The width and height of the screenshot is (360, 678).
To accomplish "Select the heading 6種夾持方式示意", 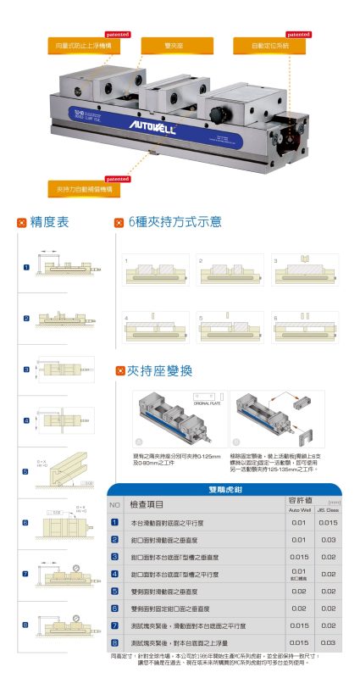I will point(174,223).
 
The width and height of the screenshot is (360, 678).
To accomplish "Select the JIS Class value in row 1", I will point(328,523).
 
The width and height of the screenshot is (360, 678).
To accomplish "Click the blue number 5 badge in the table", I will point(114,591).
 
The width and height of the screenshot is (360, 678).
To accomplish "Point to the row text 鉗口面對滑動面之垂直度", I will point(174,540).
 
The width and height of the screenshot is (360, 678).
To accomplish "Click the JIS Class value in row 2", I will point(328,540).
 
